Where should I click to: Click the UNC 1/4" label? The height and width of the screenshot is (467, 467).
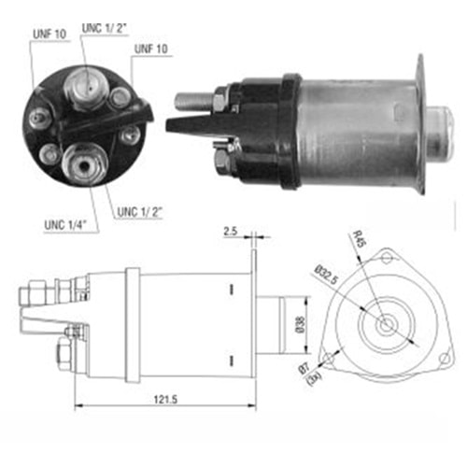tap(64, 225)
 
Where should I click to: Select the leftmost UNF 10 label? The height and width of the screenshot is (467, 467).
tap(50, 35)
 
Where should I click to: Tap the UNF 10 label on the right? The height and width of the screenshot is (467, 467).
tap(151, 49)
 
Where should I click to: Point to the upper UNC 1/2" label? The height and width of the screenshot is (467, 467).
tap(105, 28)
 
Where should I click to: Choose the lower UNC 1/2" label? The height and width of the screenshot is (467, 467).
tap(140, 212)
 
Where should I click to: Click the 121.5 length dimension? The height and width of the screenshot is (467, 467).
tap(165, 399)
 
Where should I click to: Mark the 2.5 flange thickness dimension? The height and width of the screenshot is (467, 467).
tap(231, 231)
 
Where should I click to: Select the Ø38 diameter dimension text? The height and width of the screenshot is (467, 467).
tap(300, 324)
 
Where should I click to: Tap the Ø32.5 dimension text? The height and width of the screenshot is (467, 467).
tap(326, 275)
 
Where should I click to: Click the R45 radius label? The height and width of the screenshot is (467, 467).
tap(359, 239)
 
